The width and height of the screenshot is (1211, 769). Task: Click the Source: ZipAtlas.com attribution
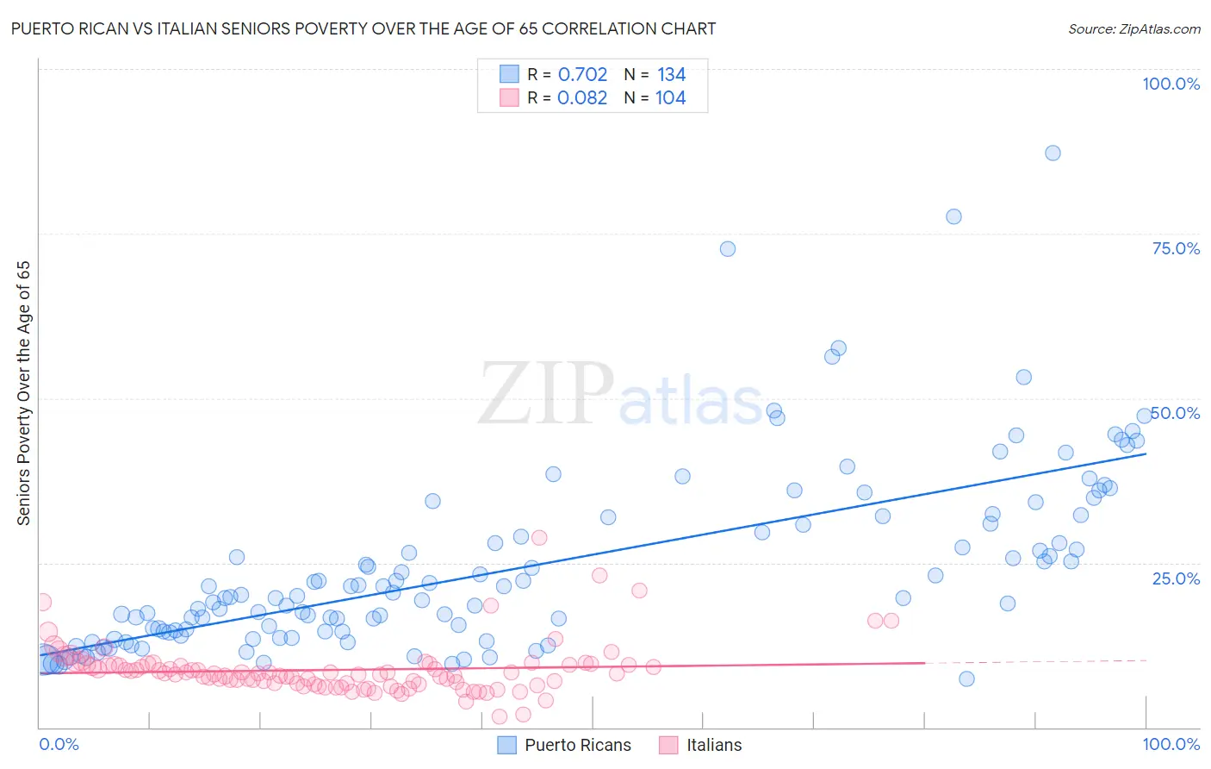pos(1133,28)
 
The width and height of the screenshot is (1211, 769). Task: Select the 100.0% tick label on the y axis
pos(1171,84)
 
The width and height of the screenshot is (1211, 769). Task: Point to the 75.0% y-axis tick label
pos(1176,248)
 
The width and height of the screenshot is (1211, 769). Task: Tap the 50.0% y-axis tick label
pos(1176,413)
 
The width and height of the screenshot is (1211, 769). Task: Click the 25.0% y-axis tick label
pos(1176,578)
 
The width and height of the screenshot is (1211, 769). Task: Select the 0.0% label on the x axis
pos(59,744)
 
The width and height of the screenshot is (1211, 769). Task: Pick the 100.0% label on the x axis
pos(1171,744)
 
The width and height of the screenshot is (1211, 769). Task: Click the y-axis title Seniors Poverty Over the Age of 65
pos(23,392)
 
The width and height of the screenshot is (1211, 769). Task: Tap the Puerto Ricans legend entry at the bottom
pos(565,745)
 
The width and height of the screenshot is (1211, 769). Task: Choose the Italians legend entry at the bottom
pos(700,745)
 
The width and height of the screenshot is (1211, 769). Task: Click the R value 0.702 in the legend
pos(582,74)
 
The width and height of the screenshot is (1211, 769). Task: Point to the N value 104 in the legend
pos(670,97)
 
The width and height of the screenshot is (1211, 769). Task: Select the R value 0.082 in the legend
pos(582,97)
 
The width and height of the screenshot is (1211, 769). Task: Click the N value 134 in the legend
pos(671,74)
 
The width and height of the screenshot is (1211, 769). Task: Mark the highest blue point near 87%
pos(1053,153)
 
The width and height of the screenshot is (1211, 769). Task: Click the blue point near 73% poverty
pos(728,248)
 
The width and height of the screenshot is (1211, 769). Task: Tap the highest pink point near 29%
pos(539,537)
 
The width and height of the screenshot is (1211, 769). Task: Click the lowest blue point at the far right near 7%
pos(966,678)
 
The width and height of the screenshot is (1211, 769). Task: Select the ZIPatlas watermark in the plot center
pos(620,395)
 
